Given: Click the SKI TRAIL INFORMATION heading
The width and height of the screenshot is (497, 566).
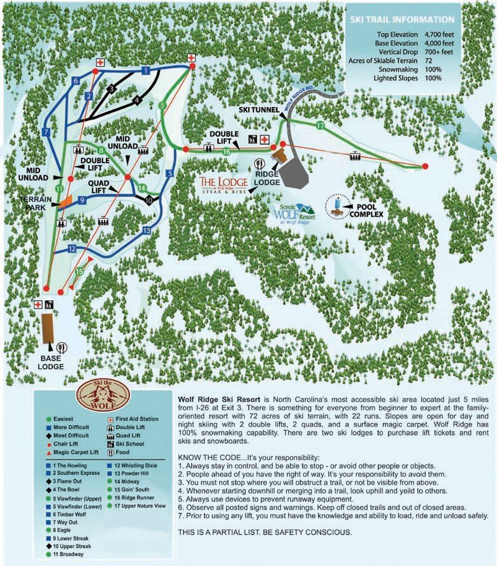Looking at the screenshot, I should coord(401,19).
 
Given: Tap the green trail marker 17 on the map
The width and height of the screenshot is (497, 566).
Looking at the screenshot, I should coord(320,126).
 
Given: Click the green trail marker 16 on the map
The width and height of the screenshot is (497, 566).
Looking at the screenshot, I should coord(226,152).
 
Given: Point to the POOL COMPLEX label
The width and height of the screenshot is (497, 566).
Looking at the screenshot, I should coord(370,210).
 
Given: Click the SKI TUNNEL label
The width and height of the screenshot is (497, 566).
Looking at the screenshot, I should coord(259,110).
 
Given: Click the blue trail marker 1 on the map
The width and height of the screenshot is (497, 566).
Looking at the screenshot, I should coord(145,70).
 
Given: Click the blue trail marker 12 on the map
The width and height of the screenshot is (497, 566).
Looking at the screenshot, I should coord(72,249).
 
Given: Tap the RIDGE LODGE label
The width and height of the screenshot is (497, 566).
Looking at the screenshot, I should coord(267,177).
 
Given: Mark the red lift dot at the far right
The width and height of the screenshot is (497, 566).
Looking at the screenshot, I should coord(425,166).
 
